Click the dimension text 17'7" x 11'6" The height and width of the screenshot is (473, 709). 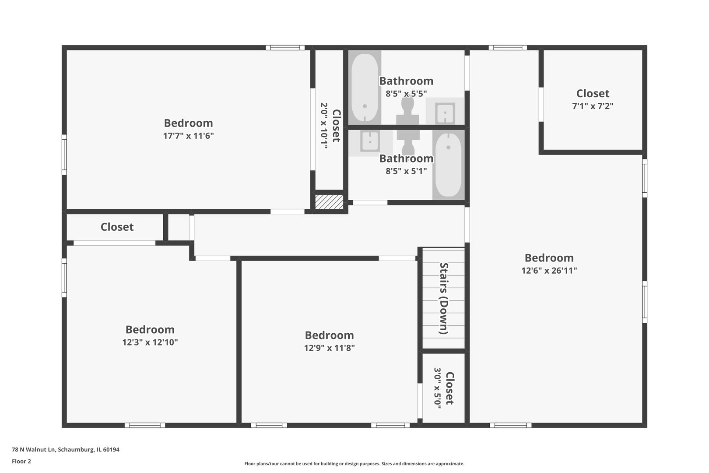pyautogui.click(x=188, y=136)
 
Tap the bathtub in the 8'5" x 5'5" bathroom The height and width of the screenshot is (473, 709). pyautogui.click(x=365, y=88)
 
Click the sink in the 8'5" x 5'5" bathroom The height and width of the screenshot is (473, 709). pyautogui.click(x=445, y=113)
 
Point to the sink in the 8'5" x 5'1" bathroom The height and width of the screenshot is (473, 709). pyautogui.click(x=370, y=141)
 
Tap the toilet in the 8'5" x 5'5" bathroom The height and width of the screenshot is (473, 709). pyautogui.click(x=407, y=111)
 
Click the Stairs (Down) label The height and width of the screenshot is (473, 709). pyautogui.click(x=444, y=298)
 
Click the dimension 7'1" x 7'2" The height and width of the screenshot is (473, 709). pyautogui.click(x=593, y=106)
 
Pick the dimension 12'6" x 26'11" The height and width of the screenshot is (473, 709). pyautogui.click(x=549, y=271)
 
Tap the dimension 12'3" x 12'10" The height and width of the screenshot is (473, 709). pyautogui.click(x=150, y=342)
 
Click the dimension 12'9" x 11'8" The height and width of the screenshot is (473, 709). pyautogui.click(x=329, y=348)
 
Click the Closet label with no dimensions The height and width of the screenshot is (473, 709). pyautogui.click(x=117, y=227)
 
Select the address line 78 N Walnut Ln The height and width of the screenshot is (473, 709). pyautogui.click(x=65, y=449)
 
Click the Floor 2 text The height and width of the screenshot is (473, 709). pyautogui.click(x=21, y=461)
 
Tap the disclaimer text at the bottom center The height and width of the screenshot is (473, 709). pyautogui.click(x=354, y=463)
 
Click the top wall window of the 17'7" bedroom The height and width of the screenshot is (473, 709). pyautogui.click(x=285, y=48)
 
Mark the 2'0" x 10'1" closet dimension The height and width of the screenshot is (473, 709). pyautogui.click(x=324, y=126)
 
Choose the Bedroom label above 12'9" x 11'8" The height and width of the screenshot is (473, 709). pyautogui.click(x=329, y=335)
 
